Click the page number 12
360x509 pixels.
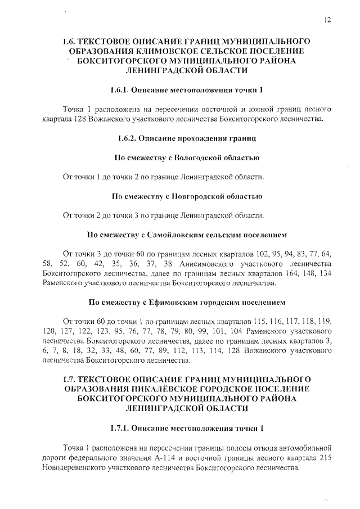click(327, 20)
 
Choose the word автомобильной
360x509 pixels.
click(303, 448)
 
